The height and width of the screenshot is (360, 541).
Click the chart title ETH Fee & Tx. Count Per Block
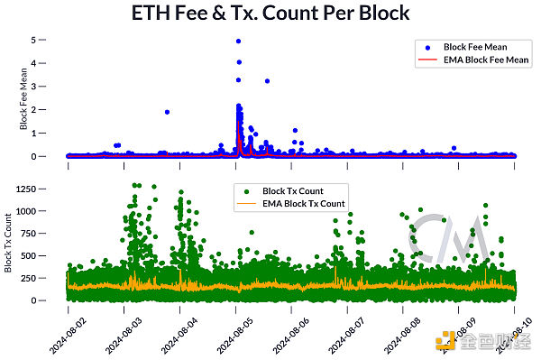coord(270,14)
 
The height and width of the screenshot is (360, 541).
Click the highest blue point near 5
coord(238,41)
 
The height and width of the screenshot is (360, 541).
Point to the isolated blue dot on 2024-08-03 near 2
coord(167,112)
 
